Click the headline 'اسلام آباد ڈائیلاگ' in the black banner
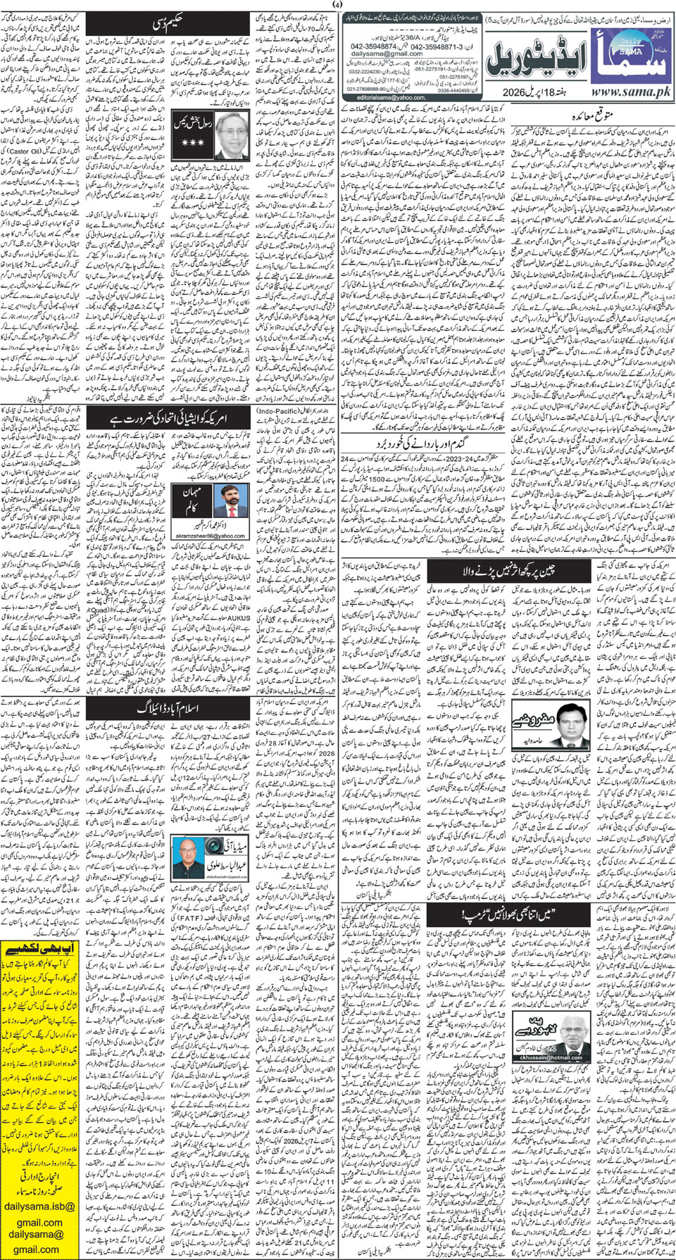point(169,707)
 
